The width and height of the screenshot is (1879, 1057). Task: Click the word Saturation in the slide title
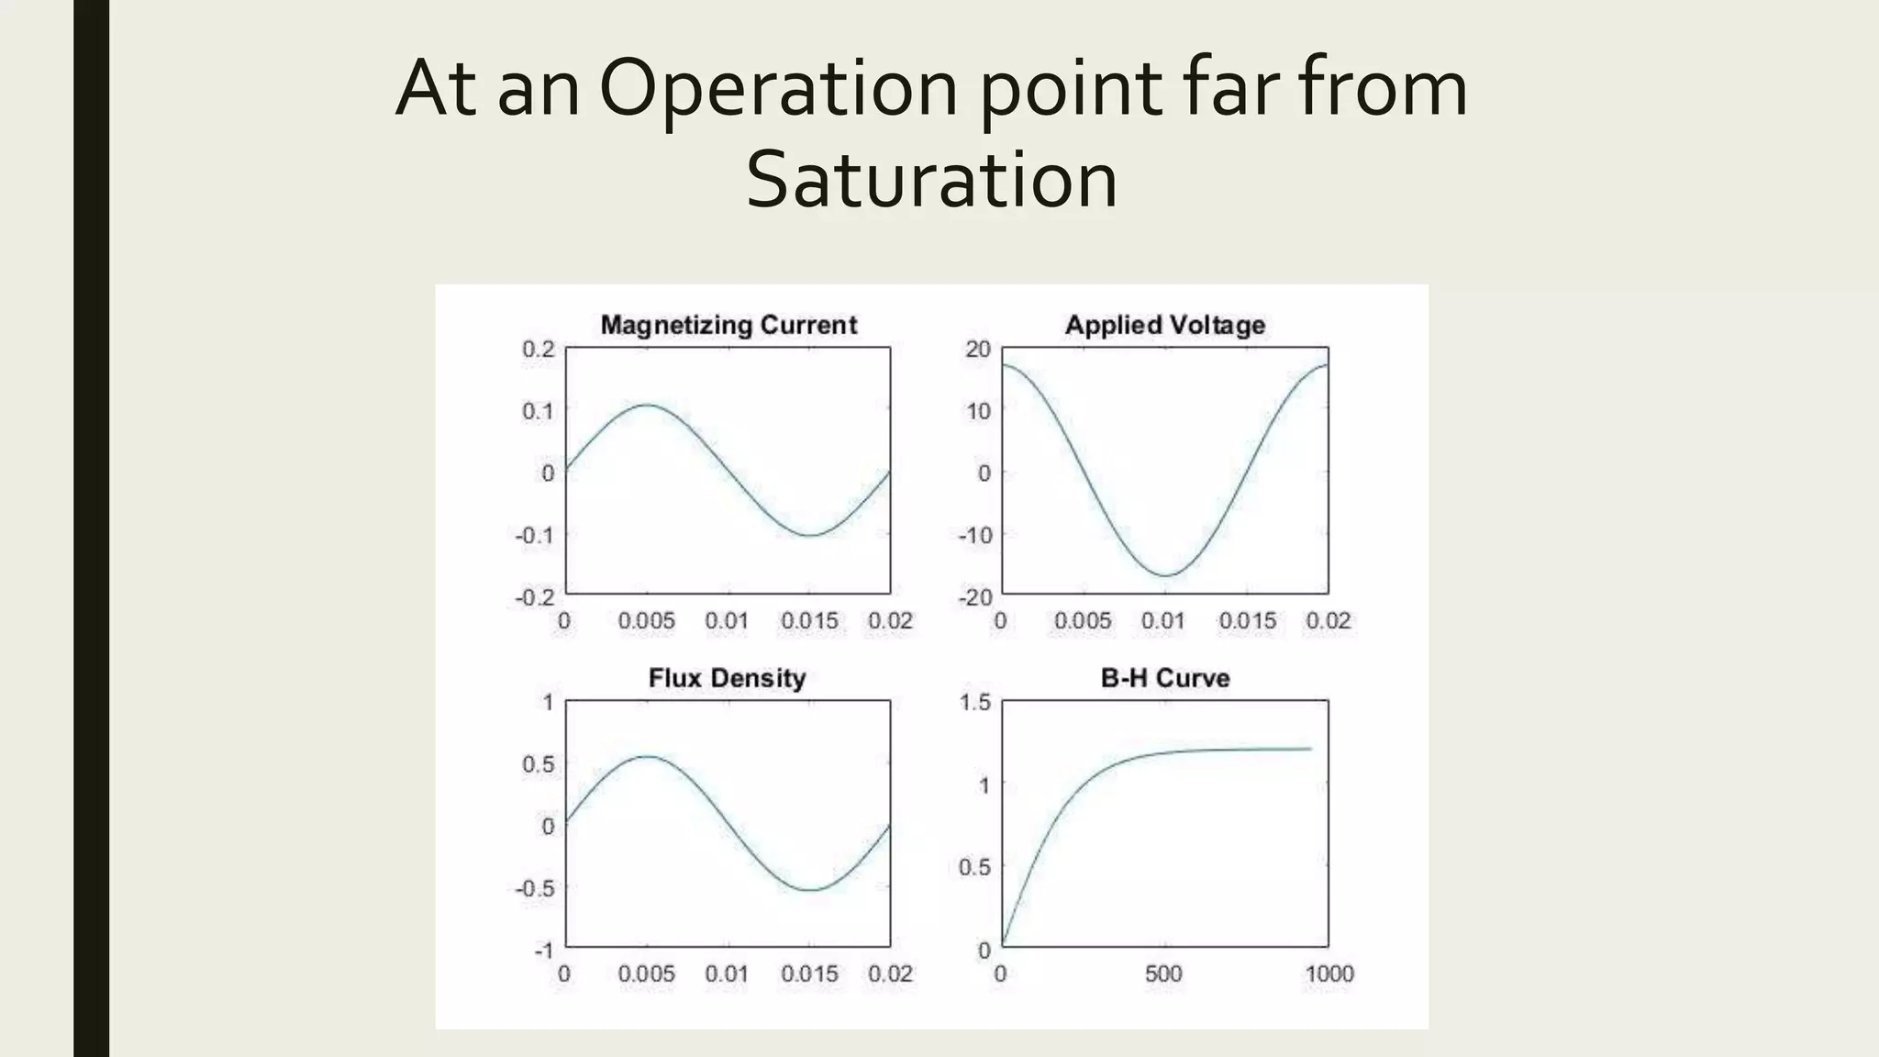[x=931, y=179]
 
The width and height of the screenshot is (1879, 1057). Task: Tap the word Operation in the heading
[x=780, y=89]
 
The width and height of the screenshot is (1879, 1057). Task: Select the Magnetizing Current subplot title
[x=728, y=325]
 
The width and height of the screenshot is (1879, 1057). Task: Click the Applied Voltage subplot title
[x=1164, y=325]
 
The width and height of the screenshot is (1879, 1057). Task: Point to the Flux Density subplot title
[x=727, y=678]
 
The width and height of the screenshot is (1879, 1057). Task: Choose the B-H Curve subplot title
[x=1164, y=678]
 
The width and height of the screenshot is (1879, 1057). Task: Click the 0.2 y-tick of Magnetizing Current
[x=539, y=349]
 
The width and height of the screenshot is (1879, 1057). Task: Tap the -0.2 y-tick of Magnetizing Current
[x=535, y=597]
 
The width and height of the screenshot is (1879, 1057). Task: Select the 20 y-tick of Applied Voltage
[x=979, y=349]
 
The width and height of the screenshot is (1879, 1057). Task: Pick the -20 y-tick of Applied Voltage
[x=975, y=597]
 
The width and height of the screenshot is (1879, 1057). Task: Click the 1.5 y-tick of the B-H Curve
[x=975, y=703]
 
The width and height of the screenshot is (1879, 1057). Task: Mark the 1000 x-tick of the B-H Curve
[x=1329, y=974]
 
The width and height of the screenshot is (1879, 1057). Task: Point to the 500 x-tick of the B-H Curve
[x=1163, y=974]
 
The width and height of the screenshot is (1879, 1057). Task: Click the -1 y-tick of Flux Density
[x=544, y=951]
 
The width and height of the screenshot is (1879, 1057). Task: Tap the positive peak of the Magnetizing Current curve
[x=648, y=405]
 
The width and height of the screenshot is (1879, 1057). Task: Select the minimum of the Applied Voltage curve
[x=1165, y=576]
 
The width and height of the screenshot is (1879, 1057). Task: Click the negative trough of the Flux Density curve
[x=811, y=890]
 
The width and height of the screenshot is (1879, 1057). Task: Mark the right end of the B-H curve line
[x=1311, y=749]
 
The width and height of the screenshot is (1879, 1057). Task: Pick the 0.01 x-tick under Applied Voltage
[x=1163, y=621]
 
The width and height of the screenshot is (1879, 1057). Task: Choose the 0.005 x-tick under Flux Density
[x=646, y=974]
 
